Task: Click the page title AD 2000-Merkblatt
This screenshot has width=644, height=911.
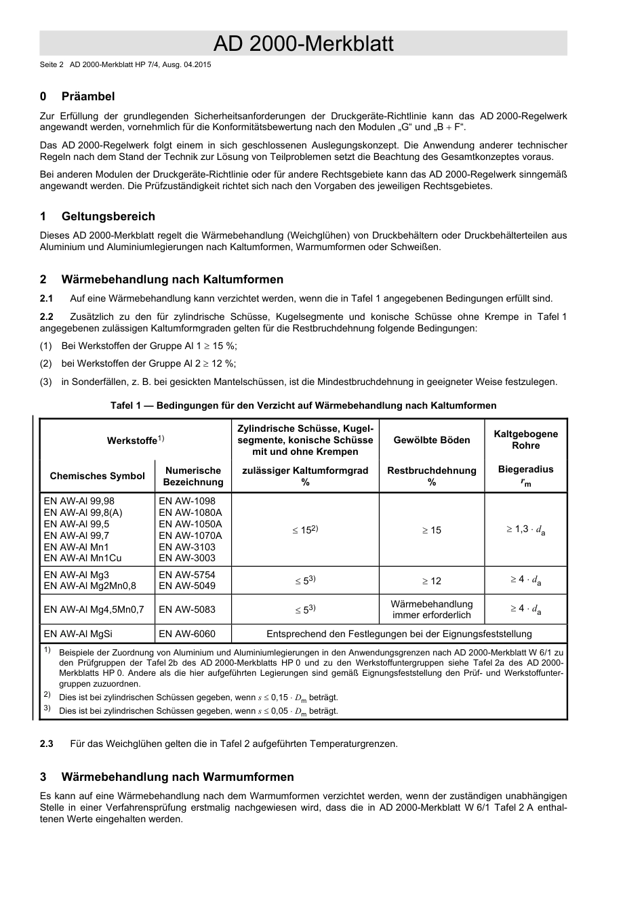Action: click(x=303, y=44)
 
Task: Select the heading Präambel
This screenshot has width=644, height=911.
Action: click(x=87, y=96)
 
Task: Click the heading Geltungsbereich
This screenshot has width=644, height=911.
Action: click(x=108, y=216)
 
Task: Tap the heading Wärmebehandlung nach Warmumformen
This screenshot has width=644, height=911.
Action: click(x=177, y=777)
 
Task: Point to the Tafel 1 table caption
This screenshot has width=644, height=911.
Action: click(x=303, y=405)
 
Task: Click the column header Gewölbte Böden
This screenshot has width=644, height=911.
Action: click(x=431, y=440)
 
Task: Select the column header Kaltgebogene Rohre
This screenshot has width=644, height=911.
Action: click(x=525, y=439)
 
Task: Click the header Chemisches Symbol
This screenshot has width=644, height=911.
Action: click(x=97, y=476)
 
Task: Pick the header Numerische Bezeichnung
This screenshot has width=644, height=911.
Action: click(x=193, y=476)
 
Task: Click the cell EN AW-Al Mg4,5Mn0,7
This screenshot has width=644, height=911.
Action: click(x=94, y=609)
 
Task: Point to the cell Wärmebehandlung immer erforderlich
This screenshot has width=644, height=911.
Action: click(x=431, y=609)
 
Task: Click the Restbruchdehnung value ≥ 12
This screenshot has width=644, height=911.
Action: click(x=431, y=581)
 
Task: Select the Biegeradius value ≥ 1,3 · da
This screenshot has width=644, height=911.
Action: click(x=525, y=529)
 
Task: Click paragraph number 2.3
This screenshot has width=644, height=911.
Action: click(x=46, y=744)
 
